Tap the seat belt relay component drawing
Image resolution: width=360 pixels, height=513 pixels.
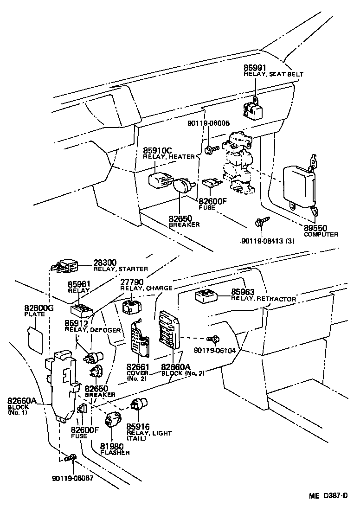(252, 108)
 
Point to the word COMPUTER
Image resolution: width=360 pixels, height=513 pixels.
(321, 235)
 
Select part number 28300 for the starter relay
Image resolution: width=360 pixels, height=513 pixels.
(105, 263)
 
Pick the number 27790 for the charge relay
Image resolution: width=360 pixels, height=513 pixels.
(132, 282)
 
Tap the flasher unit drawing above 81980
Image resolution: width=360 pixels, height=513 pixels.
(112, 420)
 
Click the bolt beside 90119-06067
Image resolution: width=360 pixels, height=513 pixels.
(70, 458)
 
